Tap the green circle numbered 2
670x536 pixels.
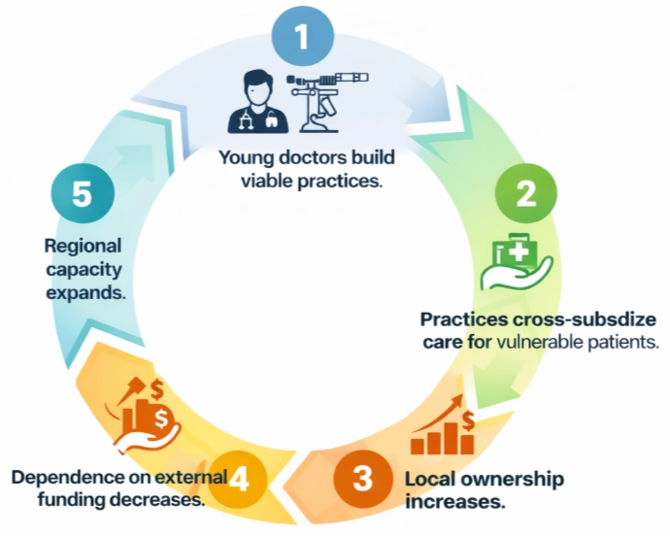pos(524,193)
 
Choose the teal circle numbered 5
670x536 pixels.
pos(82,193)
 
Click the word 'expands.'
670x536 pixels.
pos(84,290)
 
